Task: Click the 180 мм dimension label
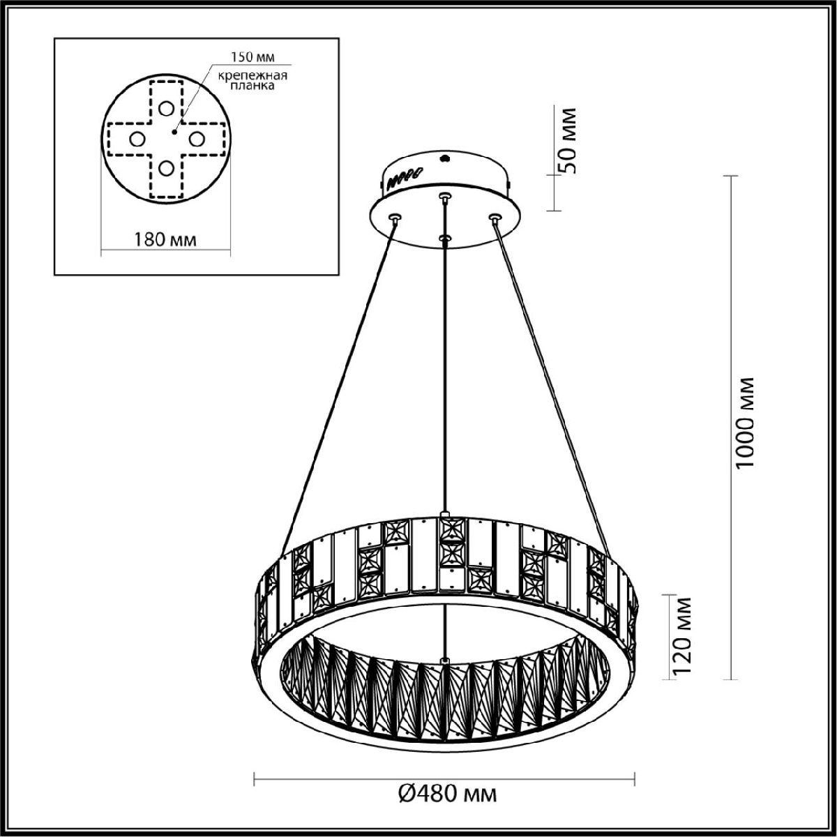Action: (x=165, y=239)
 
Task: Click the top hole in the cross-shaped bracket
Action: (x=165, y=108)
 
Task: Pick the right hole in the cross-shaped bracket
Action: (x=196, y=139)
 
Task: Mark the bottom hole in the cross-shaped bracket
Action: (x=165, y=168)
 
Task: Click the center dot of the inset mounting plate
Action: (x=174, y=130)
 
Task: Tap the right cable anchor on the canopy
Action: (x=495, y=218)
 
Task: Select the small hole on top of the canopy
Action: (x=444, y=158)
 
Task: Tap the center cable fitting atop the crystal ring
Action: (x=445, y=515)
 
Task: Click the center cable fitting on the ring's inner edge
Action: (x=445, y=660)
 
